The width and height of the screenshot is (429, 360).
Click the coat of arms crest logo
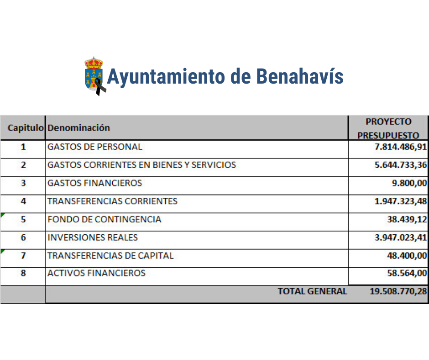click(x=94, y=76)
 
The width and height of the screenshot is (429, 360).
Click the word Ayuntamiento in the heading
click(x=166, y=76)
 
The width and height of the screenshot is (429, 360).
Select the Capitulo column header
click(x=26, y=128)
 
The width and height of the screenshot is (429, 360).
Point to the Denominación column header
click(x=78, y=128)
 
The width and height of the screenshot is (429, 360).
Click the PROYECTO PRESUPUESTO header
click(x=388, y=128)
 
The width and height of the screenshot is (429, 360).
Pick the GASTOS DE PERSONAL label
click(x=95, y=147)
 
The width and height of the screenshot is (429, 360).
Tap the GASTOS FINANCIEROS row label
click(x=95, y=183)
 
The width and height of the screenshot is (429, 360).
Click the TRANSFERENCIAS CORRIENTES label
click(x=112, y=201)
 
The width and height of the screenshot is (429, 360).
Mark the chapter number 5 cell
click(x=23, y=220)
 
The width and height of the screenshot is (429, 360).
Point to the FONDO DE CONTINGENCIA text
click(x=105, y=219)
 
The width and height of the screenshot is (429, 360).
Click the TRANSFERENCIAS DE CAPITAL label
click(x=110, y=256)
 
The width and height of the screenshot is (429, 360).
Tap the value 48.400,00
click(x=407, y=256)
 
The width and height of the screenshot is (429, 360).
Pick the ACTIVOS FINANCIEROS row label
click(x=96, y=273)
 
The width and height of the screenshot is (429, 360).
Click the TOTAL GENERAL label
click(x=312, y=291)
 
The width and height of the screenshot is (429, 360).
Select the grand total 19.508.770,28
click(x=398, y=291)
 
